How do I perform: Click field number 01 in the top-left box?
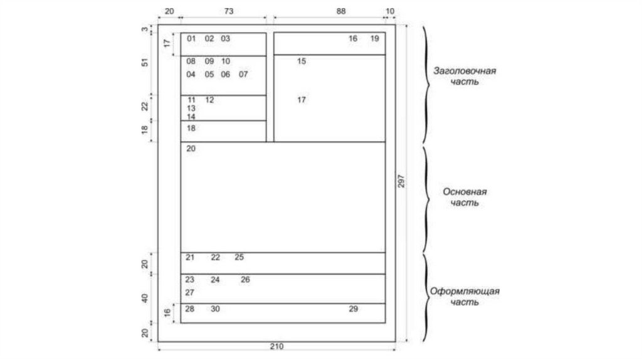coord(191,39)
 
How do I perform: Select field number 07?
coord(243,74)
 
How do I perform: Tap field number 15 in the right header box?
coord(302,61)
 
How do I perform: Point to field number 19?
coord(374,39)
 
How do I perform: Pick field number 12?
coord(209,100)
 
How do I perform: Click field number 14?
coord(191,117)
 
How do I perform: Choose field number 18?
coord(191,128)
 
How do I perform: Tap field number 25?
coord(239,257)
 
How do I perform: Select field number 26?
coord(245,280)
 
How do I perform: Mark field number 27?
coord(190,292)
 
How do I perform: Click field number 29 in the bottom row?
coord(353,309)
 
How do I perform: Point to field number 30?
coord(215,309)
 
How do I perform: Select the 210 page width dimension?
coord(276,347)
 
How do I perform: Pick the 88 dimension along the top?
coord(340,11)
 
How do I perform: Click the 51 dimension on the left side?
coord(145,63)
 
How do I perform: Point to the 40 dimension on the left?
coord(145,298)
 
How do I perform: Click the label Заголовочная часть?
coord(465,76)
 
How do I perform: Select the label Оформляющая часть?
coord(465,297)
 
